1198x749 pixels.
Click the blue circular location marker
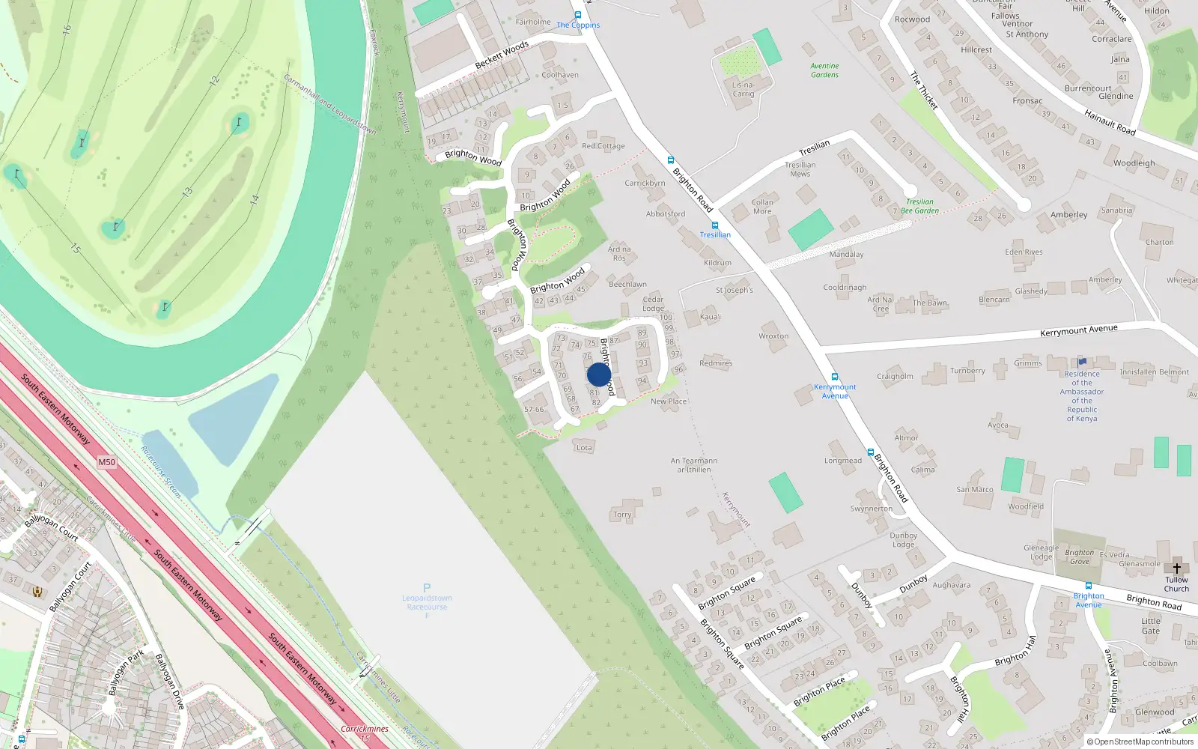tap(599, 374)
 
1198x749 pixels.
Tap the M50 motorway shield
tap(107, 462)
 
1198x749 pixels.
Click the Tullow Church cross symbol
tap(1176, 568)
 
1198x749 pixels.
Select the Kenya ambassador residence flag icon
tap(1082, 363)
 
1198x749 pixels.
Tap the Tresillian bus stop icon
tap(715, 225)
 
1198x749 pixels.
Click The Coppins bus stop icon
tap(577, 15)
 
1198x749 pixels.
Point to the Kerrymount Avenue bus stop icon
tap(834, 377)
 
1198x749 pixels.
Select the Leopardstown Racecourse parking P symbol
tap(427, 588)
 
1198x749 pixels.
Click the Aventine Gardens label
tap(824, 70)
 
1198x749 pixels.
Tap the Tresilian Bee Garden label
tap(919, 207)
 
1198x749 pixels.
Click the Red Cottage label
tap(603, 146)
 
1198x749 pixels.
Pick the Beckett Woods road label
tap(502, 55)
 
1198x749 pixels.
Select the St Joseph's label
tap(734, 290)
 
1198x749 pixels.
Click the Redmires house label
tap(716, 363)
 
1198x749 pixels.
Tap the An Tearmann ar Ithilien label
tap(694, 465)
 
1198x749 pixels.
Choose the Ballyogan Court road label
tap(52, 526)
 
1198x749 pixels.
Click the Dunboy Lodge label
tap(904, 540)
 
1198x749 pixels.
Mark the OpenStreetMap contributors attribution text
tap(1140, 742)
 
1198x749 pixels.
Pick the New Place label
tap(668, 401)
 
